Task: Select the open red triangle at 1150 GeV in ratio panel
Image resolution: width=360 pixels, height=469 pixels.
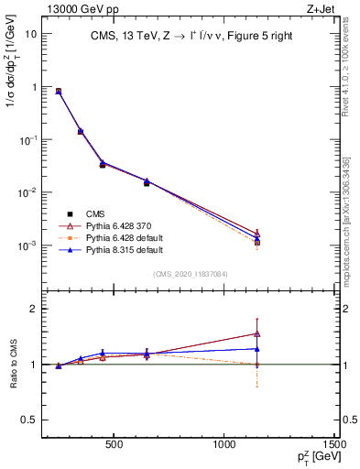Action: click(257, 333)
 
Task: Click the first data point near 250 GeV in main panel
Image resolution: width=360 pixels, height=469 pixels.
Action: click(59, 92)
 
